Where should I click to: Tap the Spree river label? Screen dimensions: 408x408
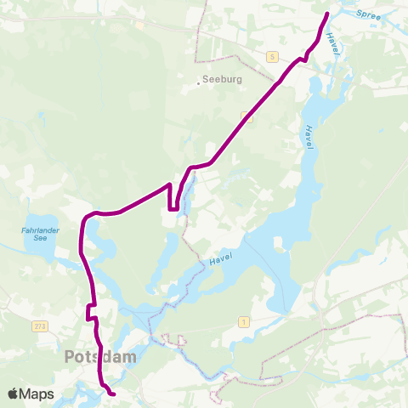tap(370, 14)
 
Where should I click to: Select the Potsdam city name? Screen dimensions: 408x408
tap(100, 357)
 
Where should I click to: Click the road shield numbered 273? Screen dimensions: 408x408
tap(40, 326)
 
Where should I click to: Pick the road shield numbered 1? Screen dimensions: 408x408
tap(246, 320)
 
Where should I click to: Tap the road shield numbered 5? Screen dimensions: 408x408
tap(271, 56)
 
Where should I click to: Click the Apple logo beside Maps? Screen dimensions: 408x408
tap(14, 394)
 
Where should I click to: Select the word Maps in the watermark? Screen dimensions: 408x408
tap(37, 394)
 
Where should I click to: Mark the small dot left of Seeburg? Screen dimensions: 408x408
tap(199, 82)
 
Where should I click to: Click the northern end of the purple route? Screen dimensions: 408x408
tap(327, 14)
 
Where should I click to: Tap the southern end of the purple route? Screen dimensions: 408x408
tap(114, 394)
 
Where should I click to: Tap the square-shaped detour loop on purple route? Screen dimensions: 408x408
tap(173, 196)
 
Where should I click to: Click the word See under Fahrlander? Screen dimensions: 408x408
tap(37, 239)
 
